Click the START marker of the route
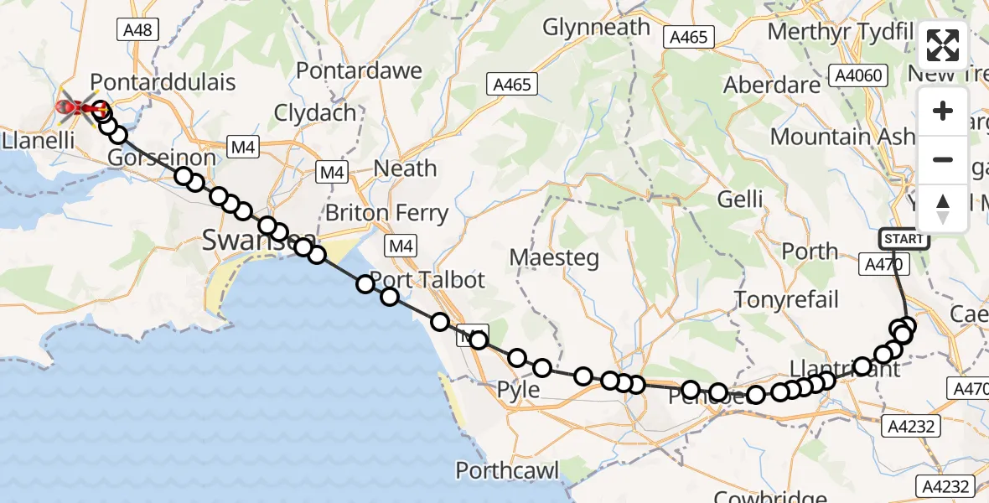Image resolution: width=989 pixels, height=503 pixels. point(904,239)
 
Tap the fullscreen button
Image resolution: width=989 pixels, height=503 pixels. point(943,45)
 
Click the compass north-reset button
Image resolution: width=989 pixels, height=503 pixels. point(943,209)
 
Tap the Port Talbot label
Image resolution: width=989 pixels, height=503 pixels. point(427,279)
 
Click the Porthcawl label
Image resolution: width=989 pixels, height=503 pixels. point(508,470)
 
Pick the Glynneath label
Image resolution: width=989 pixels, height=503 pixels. point(596,27)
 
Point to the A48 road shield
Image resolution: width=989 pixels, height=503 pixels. point(137,30)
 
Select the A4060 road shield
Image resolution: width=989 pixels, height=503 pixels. point(859,75)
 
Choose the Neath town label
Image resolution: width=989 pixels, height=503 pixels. point(405,169)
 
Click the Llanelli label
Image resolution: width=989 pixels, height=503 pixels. point(37,139)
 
